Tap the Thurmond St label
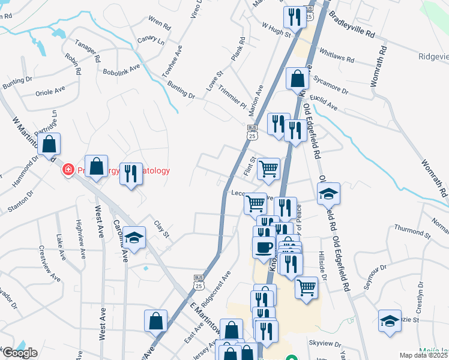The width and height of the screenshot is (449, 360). coord(412,232)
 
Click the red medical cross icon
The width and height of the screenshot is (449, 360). coord(68,170)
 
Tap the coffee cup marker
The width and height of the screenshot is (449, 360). coord(264,247)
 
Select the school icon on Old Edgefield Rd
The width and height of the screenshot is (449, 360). coord(328,193)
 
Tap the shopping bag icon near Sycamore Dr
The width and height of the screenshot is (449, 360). coord(297,78)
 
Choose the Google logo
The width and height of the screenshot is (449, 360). coord(20,353)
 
